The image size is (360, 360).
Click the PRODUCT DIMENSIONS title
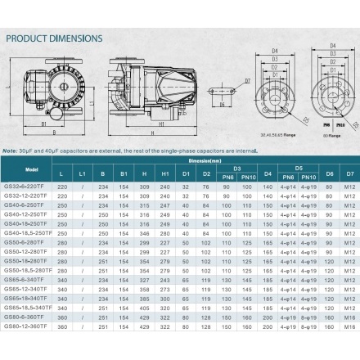[x=54, y=38]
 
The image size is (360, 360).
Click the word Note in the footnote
[x=9, y=151]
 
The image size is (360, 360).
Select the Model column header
[x=32, y=169]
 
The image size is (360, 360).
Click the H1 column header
[x=164, y=174]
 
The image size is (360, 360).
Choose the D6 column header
[x=329, y=174]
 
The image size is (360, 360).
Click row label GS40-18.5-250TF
[x=28, y=233]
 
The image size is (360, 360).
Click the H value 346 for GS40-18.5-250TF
[x=144, y=233]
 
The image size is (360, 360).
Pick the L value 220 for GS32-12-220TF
[x=63, y=196]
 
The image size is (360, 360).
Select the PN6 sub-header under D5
[x=288, y=178]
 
